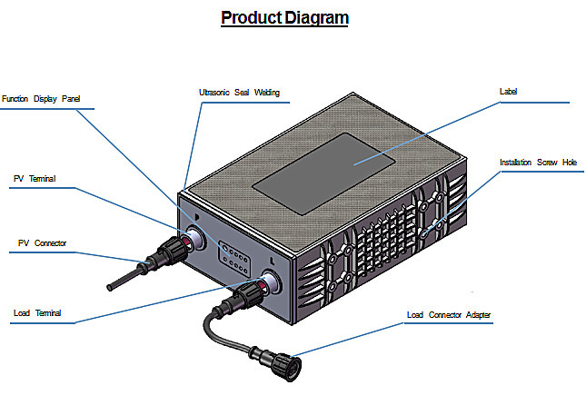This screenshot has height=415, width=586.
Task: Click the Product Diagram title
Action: click(x=284, y=18)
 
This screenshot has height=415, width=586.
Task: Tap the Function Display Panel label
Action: click(x=41, y=99)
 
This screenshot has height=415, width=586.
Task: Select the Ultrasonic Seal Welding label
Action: click(x=239, y=93)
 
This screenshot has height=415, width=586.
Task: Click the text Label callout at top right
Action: click(x=508, y=92)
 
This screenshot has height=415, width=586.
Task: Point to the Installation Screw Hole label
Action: click(x=538, y=163)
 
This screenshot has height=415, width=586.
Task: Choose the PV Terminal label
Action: click(x=35, y=179)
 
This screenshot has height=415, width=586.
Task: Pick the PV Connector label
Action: click(x=42, y=243)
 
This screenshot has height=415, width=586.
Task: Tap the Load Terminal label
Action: click(x=37, y=313)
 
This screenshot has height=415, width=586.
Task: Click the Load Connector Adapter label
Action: click(x=449, y=315)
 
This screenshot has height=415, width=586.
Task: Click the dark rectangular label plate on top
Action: click(x=323, y=173)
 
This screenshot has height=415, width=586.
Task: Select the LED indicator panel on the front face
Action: click(x=234, y=258)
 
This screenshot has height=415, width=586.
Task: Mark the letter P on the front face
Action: click(x=197, y=217)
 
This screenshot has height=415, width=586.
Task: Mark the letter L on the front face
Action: click(x=272, y=262)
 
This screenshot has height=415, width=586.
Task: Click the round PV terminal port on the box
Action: click(x=195, y=237)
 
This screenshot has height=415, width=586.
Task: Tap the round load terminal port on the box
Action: click(x=271, y=282)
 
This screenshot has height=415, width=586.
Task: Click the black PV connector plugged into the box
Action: click(x=168, y=252)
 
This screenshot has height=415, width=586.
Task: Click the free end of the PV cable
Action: click(x=110, y=288)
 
